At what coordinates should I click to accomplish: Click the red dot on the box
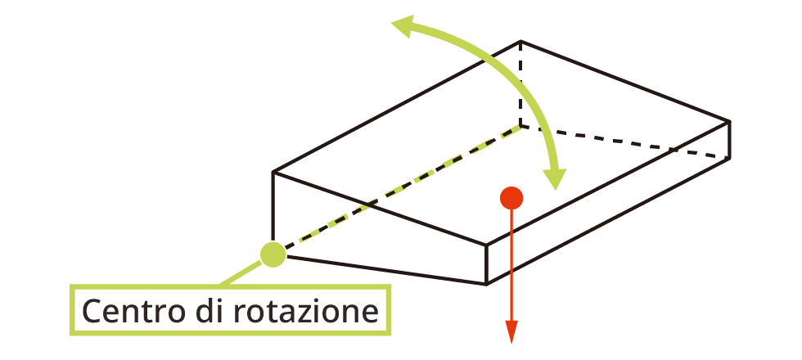[511, 197]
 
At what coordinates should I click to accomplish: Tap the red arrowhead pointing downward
[511, 332]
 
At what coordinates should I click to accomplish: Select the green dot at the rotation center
[273, 254]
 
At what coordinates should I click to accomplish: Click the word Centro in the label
[131, 312]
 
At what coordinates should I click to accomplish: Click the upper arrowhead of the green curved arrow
[401, 27]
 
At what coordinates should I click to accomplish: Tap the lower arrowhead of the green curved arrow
[556, 178]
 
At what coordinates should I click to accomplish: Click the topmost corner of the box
[521, 41]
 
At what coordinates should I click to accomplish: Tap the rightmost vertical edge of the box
[729, 139]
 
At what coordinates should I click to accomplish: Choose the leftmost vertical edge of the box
[273, 209]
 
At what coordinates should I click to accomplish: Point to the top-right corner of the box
[729, 121]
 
